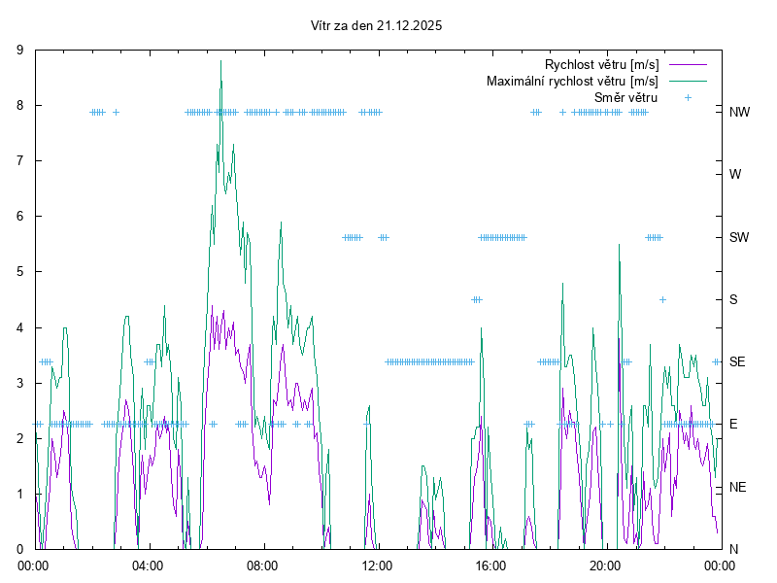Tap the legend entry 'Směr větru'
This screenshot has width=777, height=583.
(625, 97)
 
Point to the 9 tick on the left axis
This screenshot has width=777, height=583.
(20, 50)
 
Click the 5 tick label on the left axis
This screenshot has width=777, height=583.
(20, 272)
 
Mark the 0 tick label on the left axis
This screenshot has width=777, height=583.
(20, 549)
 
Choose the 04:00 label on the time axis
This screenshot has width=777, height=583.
(148, 566)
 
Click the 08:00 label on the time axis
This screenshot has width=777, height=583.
(262, 566)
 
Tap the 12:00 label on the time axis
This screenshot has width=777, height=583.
(376, 566)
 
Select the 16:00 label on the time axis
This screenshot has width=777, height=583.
(490, 566)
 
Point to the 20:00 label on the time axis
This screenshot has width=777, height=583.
(604, 566)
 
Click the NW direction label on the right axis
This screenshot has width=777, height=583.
(739, 112)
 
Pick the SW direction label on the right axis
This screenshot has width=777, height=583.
(739, 237)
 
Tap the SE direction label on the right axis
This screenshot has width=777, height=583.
(737, 361)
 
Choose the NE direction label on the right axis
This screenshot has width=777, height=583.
(738, 487)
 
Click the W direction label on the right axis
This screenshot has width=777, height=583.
(735, 175)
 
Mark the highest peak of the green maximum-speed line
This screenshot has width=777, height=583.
(221, 60)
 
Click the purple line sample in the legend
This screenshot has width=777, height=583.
(687, 64)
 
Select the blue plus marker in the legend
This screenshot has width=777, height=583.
(687, 97)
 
